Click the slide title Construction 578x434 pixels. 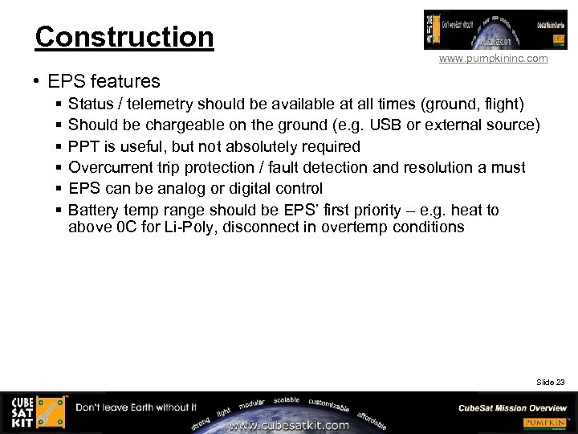point(124,37)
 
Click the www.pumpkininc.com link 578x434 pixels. point(493,59)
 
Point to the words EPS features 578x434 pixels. point(104,81)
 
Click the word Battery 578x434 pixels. point(94,210)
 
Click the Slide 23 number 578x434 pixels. point(550,382)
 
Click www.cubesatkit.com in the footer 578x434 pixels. point(289,425)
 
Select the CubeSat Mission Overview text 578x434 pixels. point(512,407)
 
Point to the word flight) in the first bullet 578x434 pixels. point(501,104)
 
